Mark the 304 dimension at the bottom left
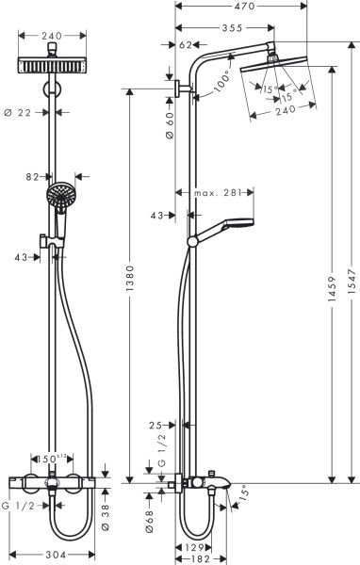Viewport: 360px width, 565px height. pos(57,555)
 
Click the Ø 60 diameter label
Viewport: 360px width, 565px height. pos(170,121)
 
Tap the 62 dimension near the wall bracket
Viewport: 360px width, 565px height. pos(185,45)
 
